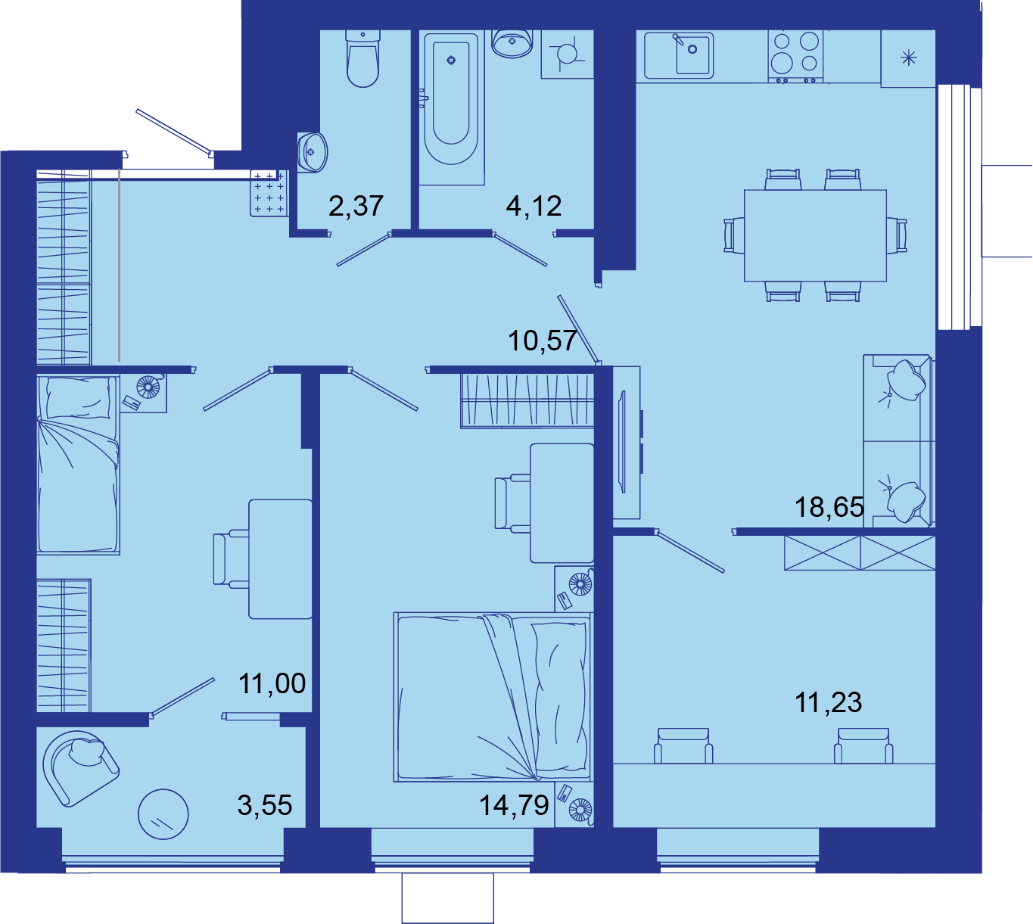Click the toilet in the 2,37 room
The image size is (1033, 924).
pos(362,58)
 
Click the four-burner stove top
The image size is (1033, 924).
pos(795,55)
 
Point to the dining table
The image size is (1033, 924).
pos(815,235)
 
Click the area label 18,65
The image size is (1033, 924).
pos(829,507)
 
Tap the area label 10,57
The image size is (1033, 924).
pos(542,341)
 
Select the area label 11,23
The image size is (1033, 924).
pos(828,702)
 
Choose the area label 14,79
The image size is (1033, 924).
pos(514,805)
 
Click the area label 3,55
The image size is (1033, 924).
pos(265,805)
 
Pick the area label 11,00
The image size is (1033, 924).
pos(272,683)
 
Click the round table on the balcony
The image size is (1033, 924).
pos(163,814)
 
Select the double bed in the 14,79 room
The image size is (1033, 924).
pos(493,697)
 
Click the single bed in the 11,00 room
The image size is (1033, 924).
pos(78,464)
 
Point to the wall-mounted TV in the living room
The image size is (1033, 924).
pos(622,442)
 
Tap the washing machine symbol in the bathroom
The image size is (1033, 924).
pos(567,54)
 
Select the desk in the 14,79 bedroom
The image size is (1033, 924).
pos(562,502)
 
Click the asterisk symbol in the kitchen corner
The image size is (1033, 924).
pos(909,58)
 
